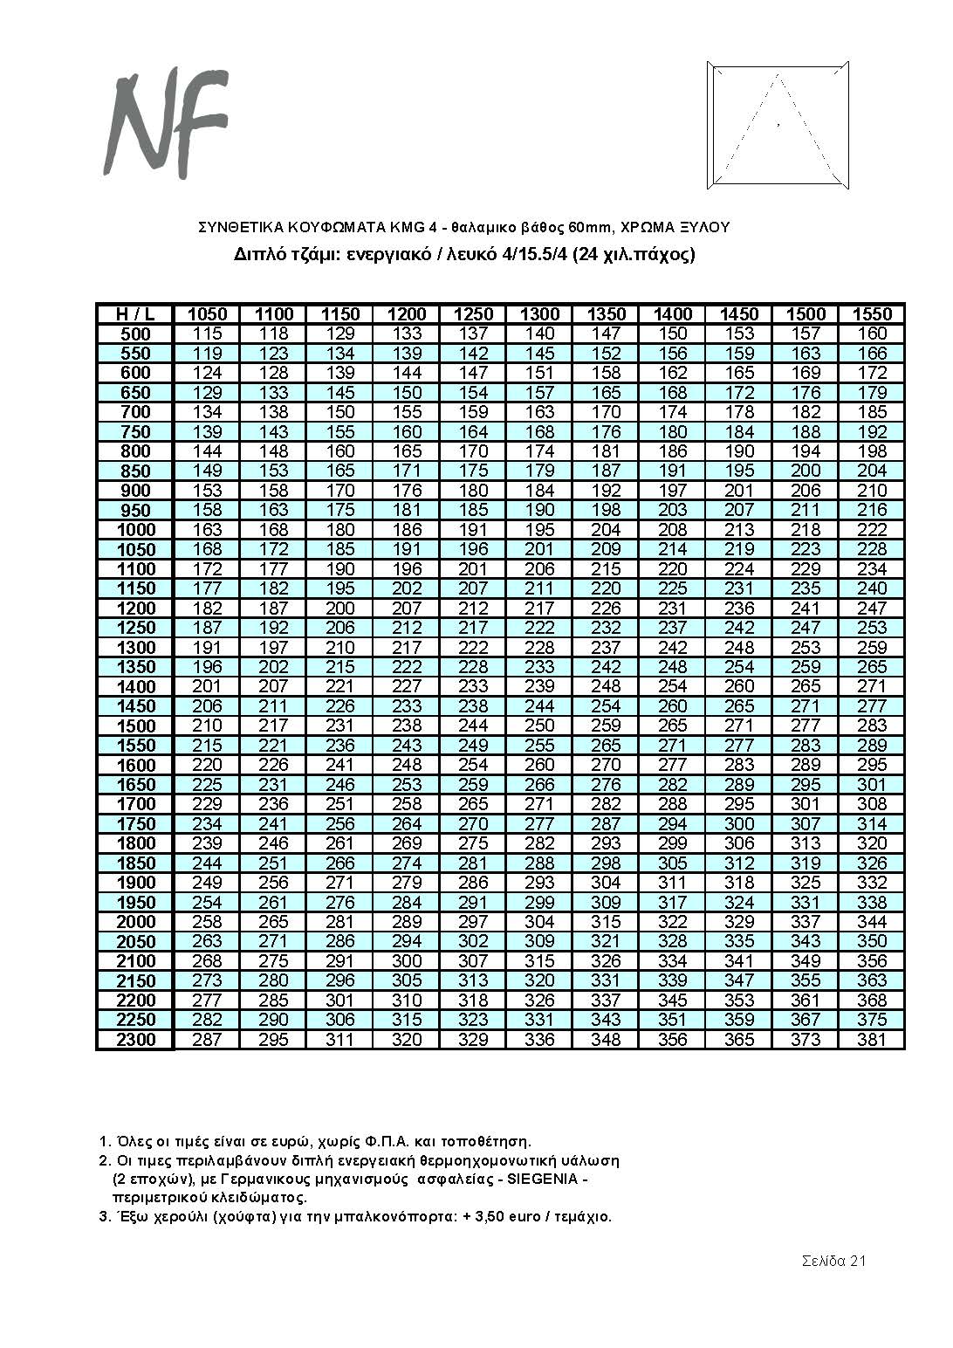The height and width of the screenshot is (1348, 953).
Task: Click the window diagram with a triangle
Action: pyautogui.click(x=777, y=126)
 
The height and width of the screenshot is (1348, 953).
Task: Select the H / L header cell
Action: pyautogui.click(x=134, y=314)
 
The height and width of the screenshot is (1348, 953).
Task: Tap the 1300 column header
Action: pyautogui.click(x=539, y=314)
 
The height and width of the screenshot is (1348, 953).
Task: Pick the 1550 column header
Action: pyautogui.click(x=872, y=314)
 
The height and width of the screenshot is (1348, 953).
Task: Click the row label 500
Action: pyautogui.click(x=134, y=334)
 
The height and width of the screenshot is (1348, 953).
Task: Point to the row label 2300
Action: pyautogui.click(x=134, y=1040)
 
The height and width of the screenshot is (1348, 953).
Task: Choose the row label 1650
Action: pyautogui.click(x=134, y=785)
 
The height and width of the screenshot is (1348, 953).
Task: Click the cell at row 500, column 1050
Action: pyautogui.click(x=208, y=334)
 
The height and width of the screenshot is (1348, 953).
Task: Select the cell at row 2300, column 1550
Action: pyautogui.click(x=872, y=1040)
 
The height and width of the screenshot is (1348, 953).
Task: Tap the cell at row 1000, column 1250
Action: pyautogui.click(x=474, y=530)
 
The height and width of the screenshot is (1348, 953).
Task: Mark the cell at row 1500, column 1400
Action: pyautogui.click(x=673, y=726)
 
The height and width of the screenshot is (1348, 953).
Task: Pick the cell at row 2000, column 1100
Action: pyautogui.click(x=274, y=922)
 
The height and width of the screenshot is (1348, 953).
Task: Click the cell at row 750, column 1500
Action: pyautogui.click(x=806, y=431)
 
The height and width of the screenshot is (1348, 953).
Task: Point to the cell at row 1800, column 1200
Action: pyautogui.click(x=407, y=843)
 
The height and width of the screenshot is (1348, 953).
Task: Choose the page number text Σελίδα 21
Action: pyautogui.click(x=834, y=1261)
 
